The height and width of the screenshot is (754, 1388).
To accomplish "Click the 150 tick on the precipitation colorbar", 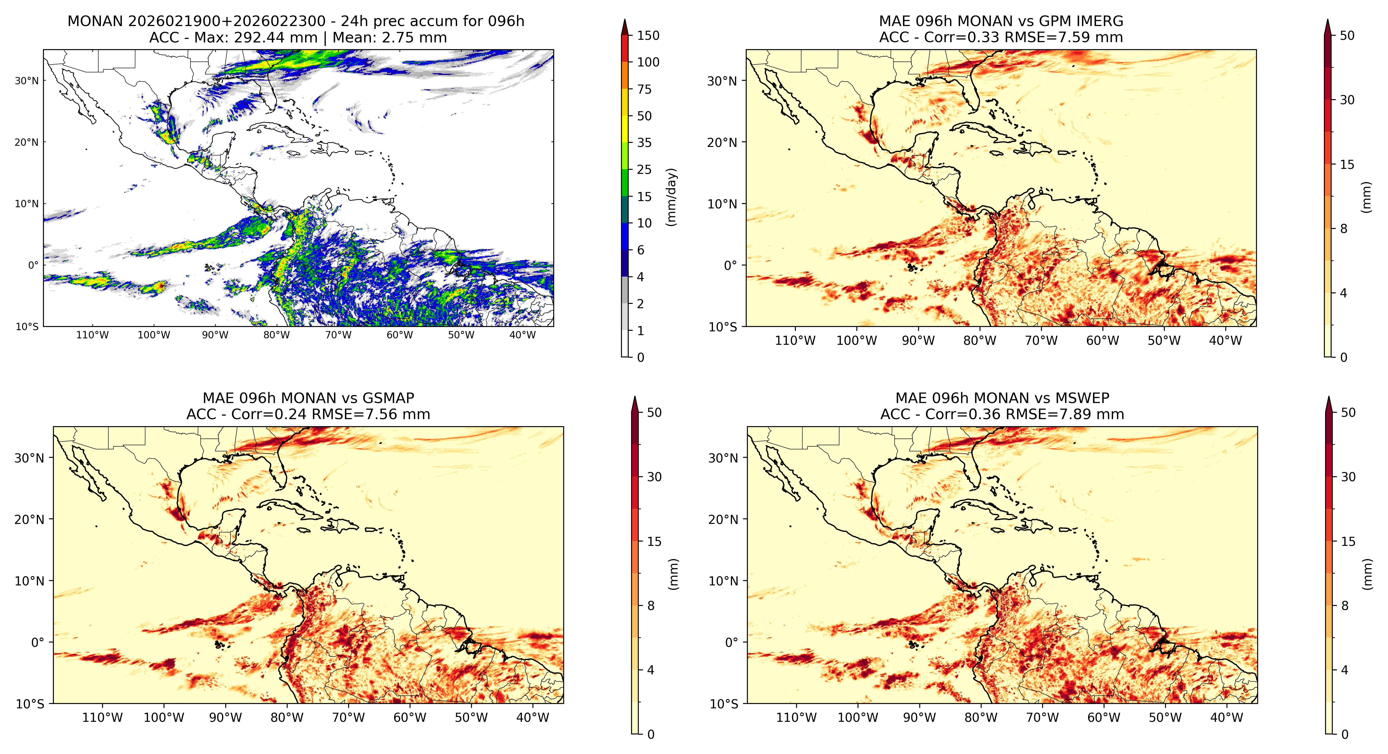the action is (x=648, y=36).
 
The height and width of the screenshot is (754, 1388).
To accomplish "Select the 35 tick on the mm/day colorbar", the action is (x=645, y=143).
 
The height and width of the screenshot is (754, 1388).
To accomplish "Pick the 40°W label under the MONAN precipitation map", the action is (x=523, y=335).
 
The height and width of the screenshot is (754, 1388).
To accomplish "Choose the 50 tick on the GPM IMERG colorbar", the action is (x=1347, y=36).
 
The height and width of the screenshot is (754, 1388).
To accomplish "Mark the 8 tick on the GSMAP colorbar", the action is (x=651, y=606).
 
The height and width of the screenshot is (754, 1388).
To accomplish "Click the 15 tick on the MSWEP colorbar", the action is (x=1348, y=542).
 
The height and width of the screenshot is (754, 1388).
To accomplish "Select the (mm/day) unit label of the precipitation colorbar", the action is (x=671, y=197).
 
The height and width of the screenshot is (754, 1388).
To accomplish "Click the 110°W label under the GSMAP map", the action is (x=102, y=718).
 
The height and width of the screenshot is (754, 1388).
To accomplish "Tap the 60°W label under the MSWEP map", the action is (x=1104, y=718).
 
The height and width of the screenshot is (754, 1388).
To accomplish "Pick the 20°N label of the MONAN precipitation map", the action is (x=27, y=142).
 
